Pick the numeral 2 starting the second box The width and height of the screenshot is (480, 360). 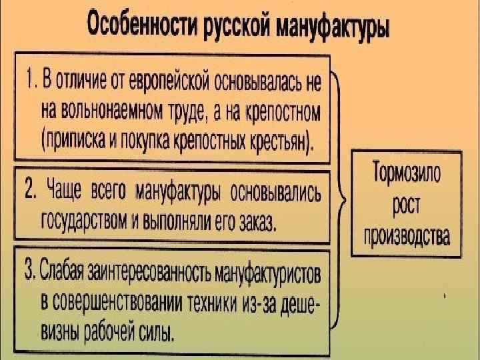[30, 190]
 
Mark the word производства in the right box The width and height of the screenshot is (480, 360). [405, 235]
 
